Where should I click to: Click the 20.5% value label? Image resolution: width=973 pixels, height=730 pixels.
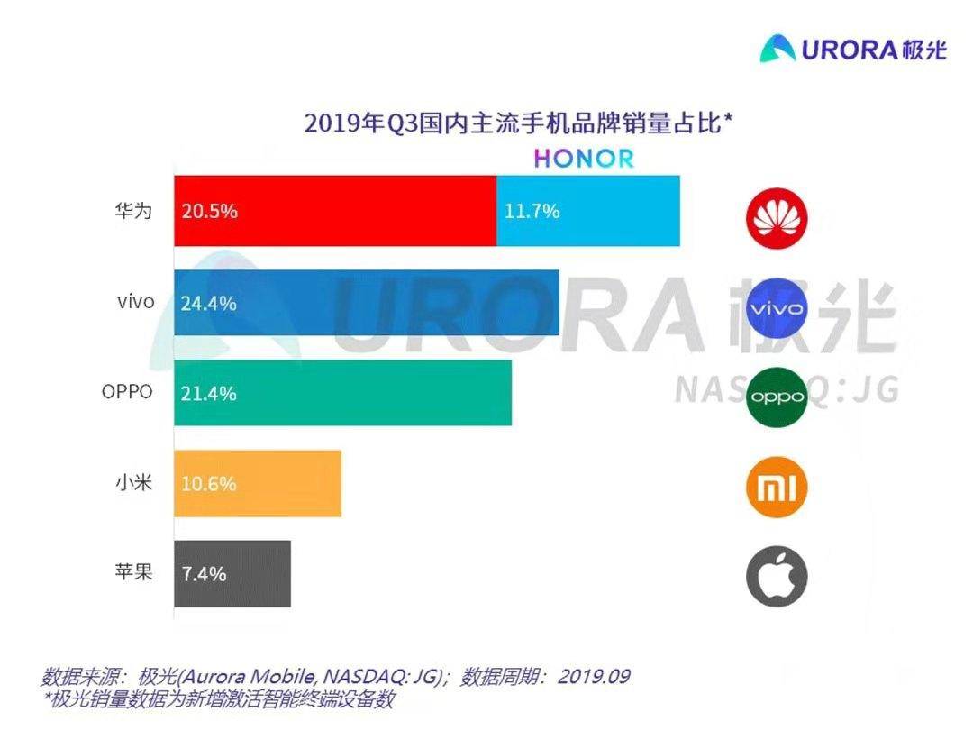pos(209,212)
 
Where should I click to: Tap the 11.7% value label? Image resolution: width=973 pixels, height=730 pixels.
pos(532,212)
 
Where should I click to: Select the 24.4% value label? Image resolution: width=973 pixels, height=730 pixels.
pos(209,304)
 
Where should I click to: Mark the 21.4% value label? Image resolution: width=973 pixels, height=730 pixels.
pos(209,394)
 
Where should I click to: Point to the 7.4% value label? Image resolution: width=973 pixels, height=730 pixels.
pos(204,574)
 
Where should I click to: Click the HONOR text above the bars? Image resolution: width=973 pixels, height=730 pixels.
pos(584,159)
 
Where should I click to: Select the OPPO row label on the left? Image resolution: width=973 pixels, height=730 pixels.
pos(127,392)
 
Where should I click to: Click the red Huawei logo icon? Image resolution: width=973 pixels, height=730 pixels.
pos(777,217)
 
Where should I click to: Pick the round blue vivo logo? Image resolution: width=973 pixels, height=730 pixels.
pos(777,308)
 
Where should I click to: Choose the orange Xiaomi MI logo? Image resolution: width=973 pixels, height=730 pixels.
pos(777,488)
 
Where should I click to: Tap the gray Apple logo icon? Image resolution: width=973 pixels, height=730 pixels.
pos(777,577)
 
